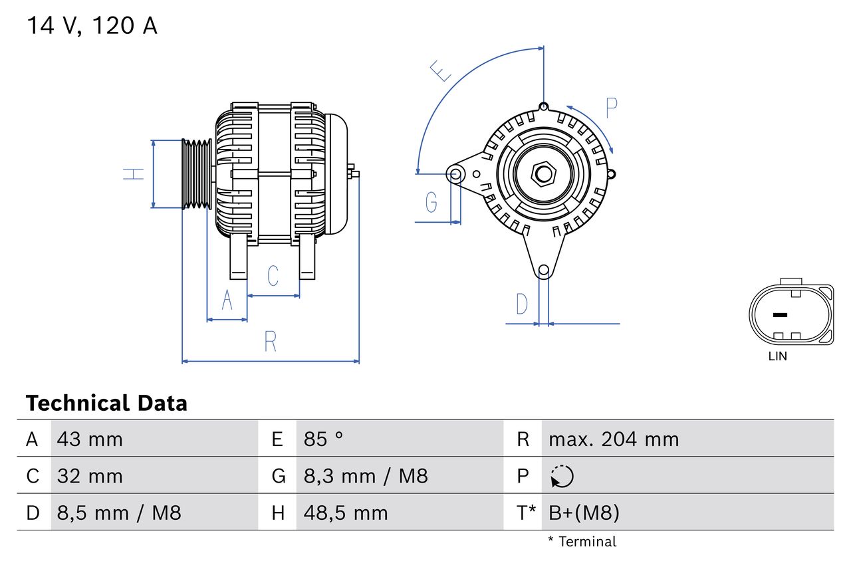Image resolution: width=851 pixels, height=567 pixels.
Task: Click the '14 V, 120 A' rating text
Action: click(x=92, y=26)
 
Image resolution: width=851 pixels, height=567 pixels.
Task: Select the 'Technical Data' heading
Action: click(x=106, y=403)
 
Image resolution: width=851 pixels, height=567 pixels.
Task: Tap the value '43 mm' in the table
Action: click(x=90, y=439)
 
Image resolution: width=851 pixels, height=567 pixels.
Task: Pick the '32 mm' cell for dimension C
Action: click(x=90, y=476)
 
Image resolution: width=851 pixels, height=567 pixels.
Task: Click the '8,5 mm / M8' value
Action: click(x=119, y=512)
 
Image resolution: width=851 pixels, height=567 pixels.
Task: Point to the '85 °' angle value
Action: click(x=323, y=439)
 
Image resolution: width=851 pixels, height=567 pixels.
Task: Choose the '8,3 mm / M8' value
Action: click(x=366, y=476)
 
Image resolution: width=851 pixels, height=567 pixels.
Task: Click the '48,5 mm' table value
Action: click(x=345, y=512)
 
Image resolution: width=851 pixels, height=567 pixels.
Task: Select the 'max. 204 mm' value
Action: click(x=614, y=439)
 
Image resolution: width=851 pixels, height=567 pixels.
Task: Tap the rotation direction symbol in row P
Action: click(x=562, y=476)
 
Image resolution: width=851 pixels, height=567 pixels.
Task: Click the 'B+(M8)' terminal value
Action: click(x=584, y=512)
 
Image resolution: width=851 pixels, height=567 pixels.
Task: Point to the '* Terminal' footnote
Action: click(x=582, y=542)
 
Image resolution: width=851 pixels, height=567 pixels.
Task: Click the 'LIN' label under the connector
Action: click(x=777, y=356)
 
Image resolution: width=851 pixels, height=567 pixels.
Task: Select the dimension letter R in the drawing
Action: click(x=270, y=341)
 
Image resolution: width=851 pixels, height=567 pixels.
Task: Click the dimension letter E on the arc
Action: click(x=440, y=70)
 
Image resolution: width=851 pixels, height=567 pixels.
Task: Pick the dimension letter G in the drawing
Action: click(x=431, y=201)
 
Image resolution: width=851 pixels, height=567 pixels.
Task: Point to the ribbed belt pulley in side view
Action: click(x=197, y=174)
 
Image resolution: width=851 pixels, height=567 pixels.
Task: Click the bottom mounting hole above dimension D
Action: click(x=544, y=270)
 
